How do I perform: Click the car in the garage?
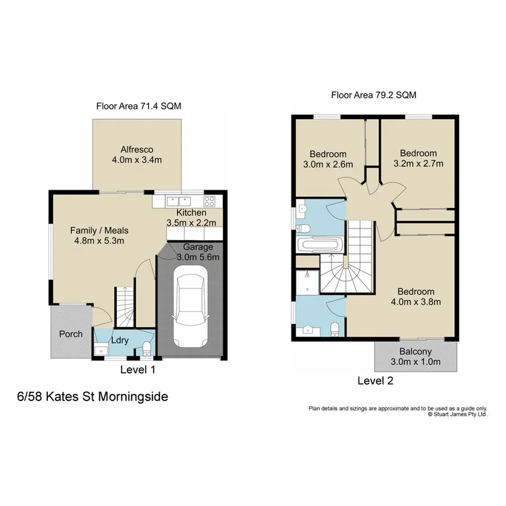click(189, 306)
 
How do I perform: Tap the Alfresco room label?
click(137, 150)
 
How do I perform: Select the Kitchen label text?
click(191, 213)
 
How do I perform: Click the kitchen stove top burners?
click(210, 200)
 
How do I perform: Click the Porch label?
click(71, 334)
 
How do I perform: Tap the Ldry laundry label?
click(119, 340)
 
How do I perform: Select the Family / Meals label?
click(99, 231)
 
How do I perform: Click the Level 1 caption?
click(138, 370)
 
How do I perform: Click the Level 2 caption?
click(375, 381)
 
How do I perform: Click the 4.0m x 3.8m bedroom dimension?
click(416, 302)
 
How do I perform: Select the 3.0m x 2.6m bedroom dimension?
click(328, 165)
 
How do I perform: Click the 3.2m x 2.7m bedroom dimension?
click(418, 164)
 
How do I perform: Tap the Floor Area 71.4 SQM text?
click(138, 106)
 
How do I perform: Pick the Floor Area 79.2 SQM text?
click(374, 95)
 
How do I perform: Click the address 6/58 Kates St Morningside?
click(93, 397)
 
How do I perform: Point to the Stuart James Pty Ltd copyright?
click(458, 414)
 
